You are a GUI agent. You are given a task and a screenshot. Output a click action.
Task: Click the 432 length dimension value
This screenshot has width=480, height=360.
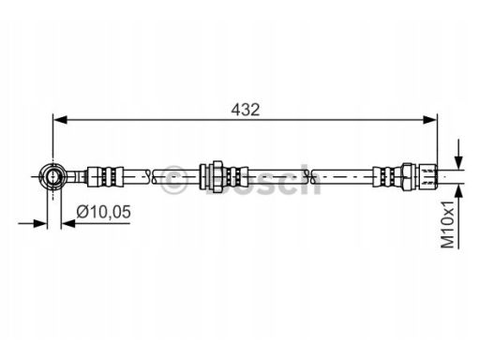[246, 110]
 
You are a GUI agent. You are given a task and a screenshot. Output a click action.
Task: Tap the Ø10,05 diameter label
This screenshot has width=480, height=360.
[103, 212]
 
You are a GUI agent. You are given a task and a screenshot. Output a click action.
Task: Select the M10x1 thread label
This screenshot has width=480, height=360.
[447, 224]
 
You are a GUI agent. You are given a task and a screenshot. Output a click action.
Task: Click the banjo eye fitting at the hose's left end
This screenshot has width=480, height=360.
[52, 176]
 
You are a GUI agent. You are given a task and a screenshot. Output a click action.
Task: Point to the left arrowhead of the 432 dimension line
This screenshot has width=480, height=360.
[60, 120]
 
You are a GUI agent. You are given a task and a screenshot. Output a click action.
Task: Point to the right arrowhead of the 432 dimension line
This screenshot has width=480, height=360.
[429, 120]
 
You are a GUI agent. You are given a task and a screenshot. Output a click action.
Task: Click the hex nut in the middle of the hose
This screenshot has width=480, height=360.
[217, 176]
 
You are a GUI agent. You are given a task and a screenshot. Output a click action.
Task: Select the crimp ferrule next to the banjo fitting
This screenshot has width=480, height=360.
[105, 177]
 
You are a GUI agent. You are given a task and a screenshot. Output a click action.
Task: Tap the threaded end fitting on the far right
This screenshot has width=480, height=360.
[427, 176]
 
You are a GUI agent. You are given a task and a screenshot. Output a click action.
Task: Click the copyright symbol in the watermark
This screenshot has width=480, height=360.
[174, 180]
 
